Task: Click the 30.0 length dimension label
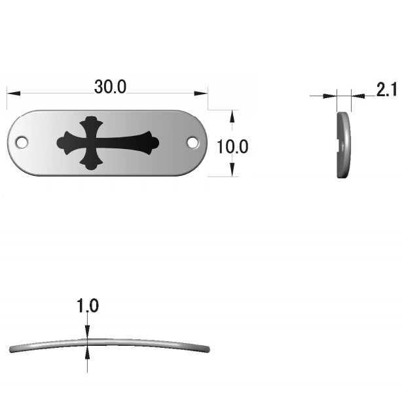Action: click(110, 87)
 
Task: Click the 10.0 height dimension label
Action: click(232, 146)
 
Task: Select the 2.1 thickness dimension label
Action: click(386, 90)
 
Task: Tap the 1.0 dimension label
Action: click(88, 305)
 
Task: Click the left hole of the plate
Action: click(22, 142)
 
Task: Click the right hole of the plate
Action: click(192, 142)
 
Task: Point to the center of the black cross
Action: click(91, 142)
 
